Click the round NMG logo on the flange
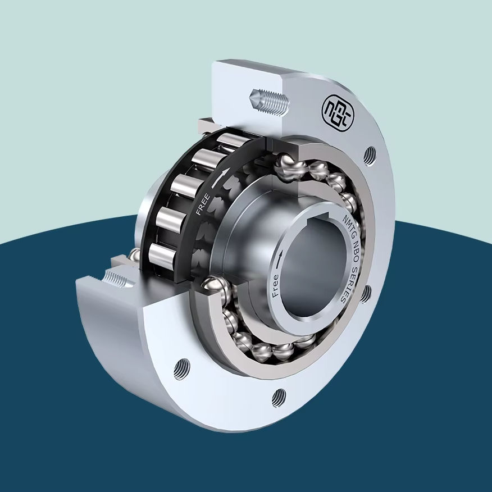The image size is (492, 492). [x=338, y=113]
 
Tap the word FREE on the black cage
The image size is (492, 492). [x=203, y=205]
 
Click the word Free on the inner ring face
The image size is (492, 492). [x=275, y=285]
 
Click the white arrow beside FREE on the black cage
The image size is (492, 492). [x=220, y=178]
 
